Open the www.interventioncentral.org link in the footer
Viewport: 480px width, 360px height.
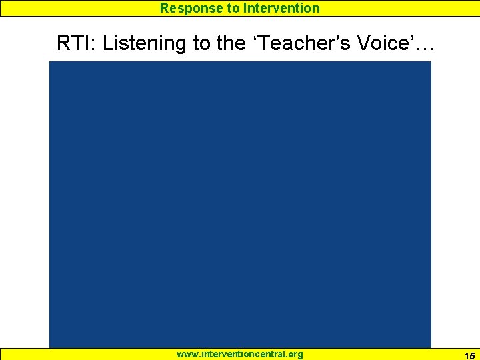pyautogui.click(x=239, y=354)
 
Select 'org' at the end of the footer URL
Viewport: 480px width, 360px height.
pyautogui.click(x=294, y=354)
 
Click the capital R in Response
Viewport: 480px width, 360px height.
pyautogui.click(x=164, y=8)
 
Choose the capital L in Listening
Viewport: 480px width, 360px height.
pyautogui.click(x=108, y=43)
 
